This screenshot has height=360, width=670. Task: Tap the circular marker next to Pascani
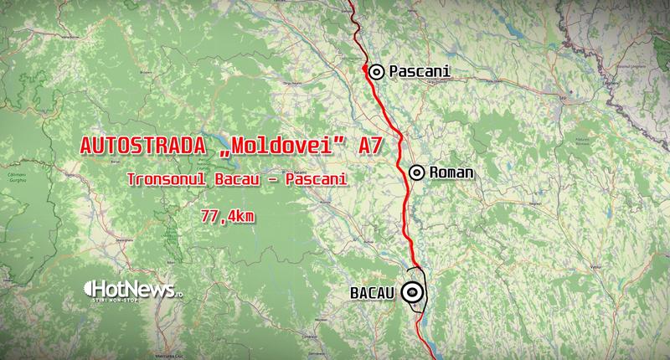pyautogui.click(x=378, y=72)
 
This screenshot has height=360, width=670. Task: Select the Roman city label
pyautogui.click(x=451, y=173)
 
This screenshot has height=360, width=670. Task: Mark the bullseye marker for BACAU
pyautogui.click(x=412, y=293)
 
